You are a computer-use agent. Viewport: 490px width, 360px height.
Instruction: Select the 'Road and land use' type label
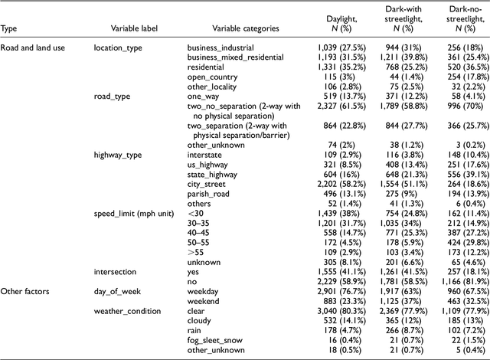(x=34, y=47)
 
